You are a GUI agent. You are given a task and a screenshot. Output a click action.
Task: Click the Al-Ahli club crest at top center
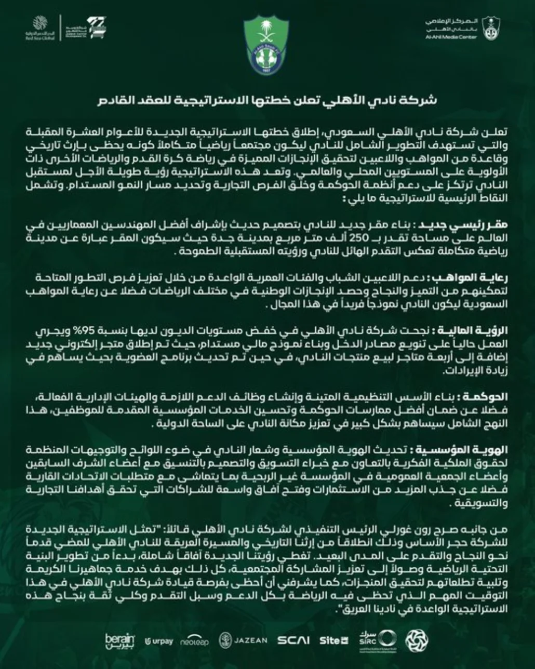tap(267, 44)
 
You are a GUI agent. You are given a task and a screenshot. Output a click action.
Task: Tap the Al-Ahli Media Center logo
tap(462, 29)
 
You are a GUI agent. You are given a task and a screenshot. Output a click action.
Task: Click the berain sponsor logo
tap(119, 640)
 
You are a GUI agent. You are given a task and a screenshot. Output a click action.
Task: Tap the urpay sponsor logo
tap(159, 641)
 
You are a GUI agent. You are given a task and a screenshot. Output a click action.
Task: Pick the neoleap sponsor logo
tap(195, 641)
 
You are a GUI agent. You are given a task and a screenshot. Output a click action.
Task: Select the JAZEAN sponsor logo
tap(243, 640)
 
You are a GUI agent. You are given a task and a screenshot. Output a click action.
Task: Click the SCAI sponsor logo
tap(293, 640)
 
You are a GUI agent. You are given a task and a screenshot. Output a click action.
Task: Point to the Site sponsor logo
tap(333, 640)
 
